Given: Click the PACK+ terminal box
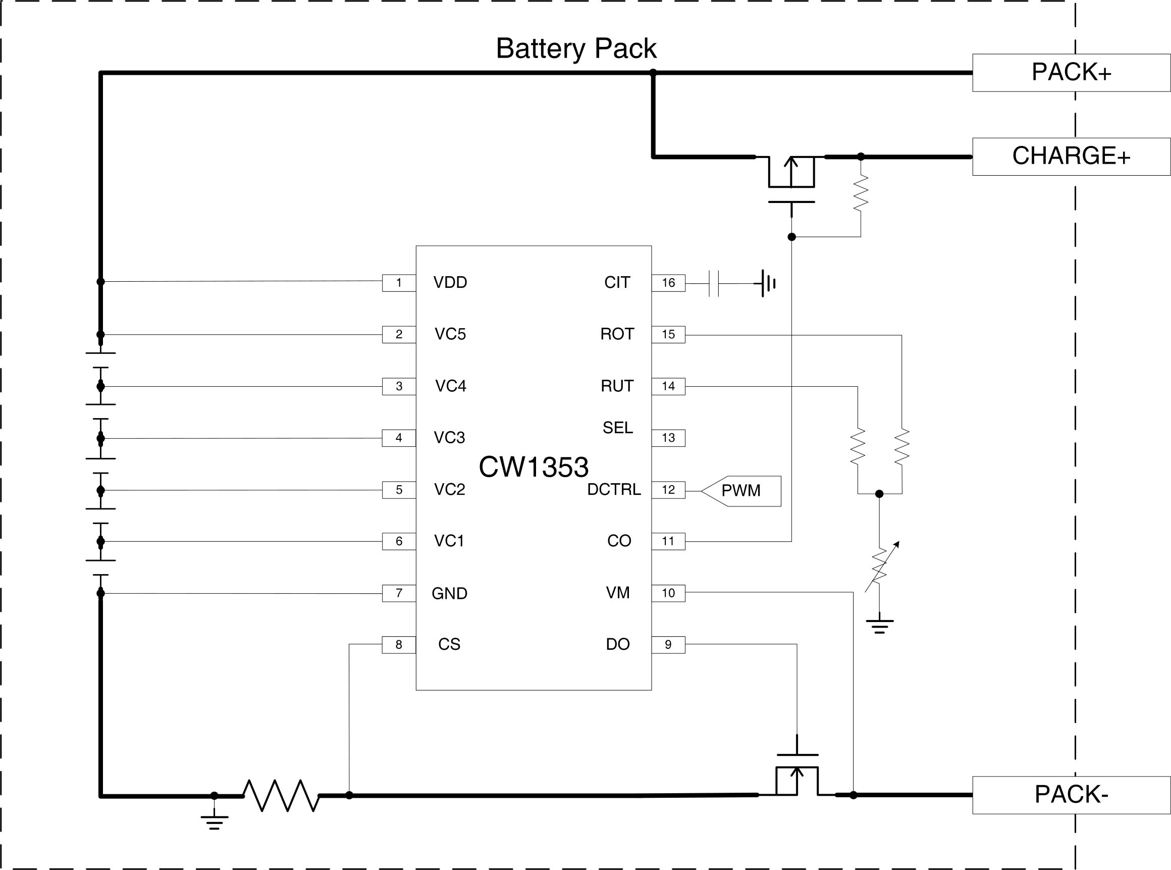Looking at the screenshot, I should point(1071,73).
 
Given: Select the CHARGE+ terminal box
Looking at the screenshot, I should point(1071,157).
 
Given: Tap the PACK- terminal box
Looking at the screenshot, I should point(1071,795).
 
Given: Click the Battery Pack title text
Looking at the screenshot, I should point(576,48).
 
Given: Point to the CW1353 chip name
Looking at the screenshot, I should point(533,467).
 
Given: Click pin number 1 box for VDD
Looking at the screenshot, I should point(399,283).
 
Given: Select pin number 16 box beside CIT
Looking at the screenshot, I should point(668,283).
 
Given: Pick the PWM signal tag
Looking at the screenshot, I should point(741,491).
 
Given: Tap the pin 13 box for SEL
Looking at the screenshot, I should point(668,438).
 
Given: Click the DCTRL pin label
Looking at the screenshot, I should point(614,490).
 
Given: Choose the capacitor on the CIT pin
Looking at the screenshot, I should point(714,283).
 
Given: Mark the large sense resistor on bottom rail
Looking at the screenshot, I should point(281,795).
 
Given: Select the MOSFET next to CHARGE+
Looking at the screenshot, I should point(791,179).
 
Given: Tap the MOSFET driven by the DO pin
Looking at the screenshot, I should point(797,774).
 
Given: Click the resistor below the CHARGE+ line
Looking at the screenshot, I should point(861,194).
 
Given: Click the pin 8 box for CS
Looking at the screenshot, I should point(399,645).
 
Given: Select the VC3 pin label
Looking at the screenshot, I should point(449,438).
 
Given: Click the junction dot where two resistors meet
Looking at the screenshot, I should point(879,493).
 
